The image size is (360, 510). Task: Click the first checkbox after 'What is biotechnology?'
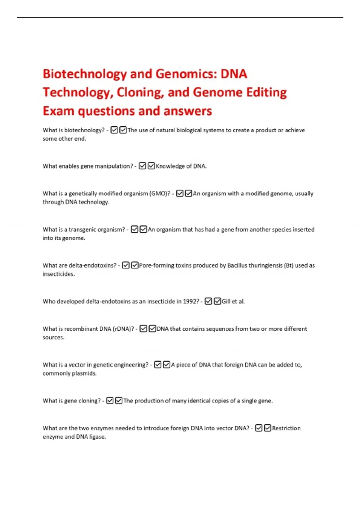pos(114,130)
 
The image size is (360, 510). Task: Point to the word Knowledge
pos(170,166)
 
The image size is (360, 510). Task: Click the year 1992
pos(191,301)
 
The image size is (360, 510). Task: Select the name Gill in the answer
pos(226,301)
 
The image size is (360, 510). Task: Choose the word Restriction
pos(286,428)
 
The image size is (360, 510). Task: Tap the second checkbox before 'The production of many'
pos(119,401)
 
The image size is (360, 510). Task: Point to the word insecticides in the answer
pos(58,274)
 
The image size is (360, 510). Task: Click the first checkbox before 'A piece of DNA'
pos(157,365)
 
